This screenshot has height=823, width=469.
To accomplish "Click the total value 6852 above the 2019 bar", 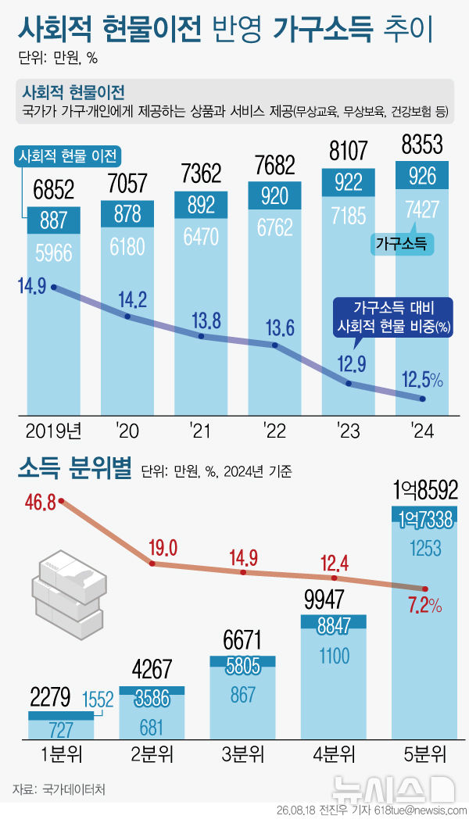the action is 54,190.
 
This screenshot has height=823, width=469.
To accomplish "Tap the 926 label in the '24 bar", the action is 422,176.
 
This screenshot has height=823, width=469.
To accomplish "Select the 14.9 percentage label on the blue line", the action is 31,287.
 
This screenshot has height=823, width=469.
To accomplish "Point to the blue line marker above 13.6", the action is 274,345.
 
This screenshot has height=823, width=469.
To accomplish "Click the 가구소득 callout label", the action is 402,244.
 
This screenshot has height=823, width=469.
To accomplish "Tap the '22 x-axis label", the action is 275,431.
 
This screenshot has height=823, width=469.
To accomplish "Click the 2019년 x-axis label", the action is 54,431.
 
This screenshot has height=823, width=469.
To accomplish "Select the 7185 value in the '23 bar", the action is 348,215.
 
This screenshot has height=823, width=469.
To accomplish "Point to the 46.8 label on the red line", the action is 40,503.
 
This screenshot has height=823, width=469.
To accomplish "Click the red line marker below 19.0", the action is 152,564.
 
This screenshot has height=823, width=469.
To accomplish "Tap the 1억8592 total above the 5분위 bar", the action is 425,490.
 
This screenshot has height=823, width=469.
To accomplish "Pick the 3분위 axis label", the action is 242,754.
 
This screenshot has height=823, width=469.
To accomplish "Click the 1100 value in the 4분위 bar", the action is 334,656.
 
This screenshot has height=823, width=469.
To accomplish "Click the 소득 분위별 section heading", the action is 74,467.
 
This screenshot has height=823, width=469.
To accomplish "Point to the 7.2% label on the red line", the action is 425,606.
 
